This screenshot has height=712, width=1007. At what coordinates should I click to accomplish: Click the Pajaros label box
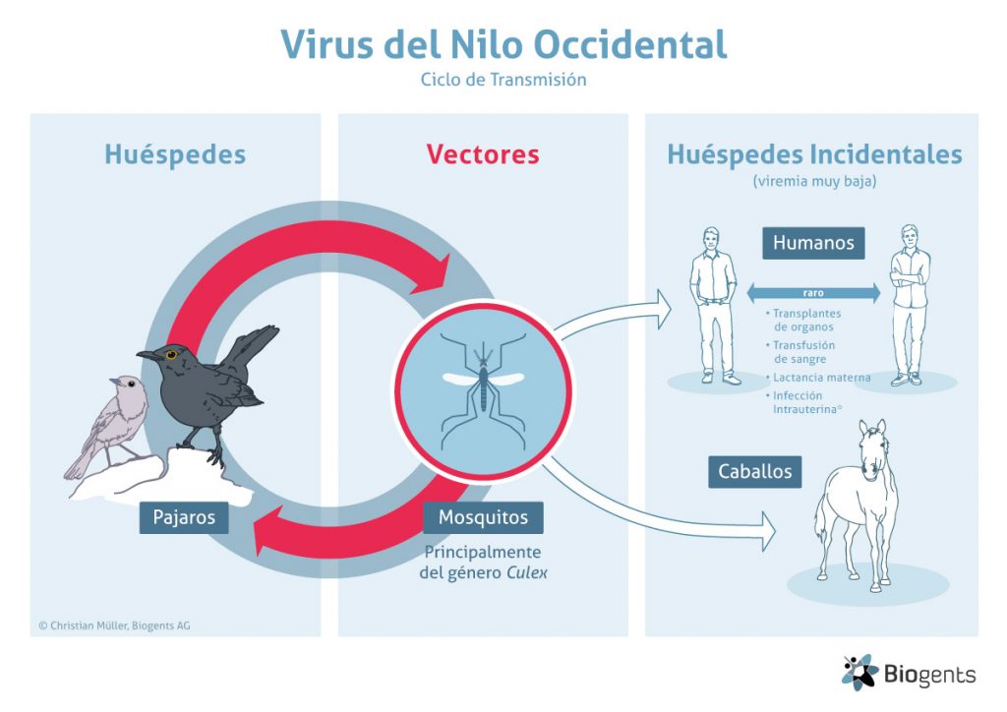click(x=184, y=517)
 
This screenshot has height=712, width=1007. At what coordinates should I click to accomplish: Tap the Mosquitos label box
click(x=483, y=517)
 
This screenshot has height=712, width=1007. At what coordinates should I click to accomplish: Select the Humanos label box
click(x=813, y=243)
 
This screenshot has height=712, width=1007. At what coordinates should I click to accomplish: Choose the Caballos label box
click(x=754, y=472)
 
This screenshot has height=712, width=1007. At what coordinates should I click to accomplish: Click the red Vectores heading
click(x=483, y=154)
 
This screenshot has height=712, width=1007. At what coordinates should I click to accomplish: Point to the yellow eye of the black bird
click(x=171, y=354)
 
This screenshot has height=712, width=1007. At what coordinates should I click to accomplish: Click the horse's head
click(x=872, y=449)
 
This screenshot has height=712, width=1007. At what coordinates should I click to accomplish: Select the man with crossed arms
click(x=909, y=305)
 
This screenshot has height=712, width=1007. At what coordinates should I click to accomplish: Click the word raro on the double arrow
click(x=813, y=293)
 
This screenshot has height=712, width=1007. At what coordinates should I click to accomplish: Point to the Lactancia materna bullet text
click(x=821, y=378)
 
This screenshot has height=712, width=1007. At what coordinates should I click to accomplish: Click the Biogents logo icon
click(x=859, y=673)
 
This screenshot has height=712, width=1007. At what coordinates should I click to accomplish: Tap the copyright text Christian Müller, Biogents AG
click(x=114, y=625)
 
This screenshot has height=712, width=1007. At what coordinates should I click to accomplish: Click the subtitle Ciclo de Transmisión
click(x=503, y=80)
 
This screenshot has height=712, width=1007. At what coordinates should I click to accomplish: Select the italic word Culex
click(x=527, y=572)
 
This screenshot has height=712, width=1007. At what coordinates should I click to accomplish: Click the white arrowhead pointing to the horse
click(x=768, y=532)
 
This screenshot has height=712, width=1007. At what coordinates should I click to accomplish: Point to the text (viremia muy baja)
click(x=814, y=181)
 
